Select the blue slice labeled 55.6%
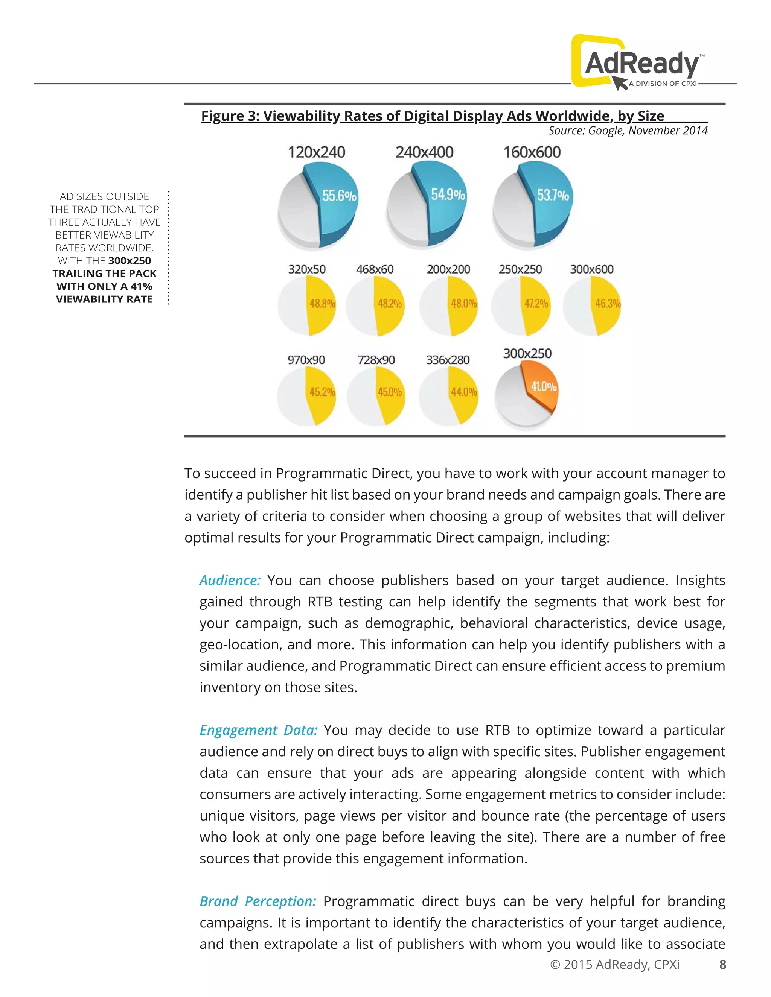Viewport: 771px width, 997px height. (x=336, y=201)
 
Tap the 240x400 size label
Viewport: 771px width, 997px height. (x=424, y=152)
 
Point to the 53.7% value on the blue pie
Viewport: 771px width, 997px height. (x=553, y=195)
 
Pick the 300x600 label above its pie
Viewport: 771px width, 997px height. (x=591, y=269)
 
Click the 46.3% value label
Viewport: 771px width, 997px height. (x=608, y=304)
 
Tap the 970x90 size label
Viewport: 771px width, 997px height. (x=306, y=360)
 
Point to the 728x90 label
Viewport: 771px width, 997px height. (x=376, y=360)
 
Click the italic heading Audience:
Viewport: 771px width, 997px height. (x=230, y=580)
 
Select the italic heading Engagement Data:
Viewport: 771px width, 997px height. (x=258, y=730)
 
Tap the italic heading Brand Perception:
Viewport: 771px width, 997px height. (x=258, y=901)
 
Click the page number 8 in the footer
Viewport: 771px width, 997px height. (x=722, y=965)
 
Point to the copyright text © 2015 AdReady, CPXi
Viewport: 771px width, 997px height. (x=615, y=965)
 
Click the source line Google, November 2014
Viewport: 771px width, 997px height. (x=628, y=131)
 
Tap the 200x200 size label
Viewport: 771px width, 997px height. (x=448, y=269)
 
